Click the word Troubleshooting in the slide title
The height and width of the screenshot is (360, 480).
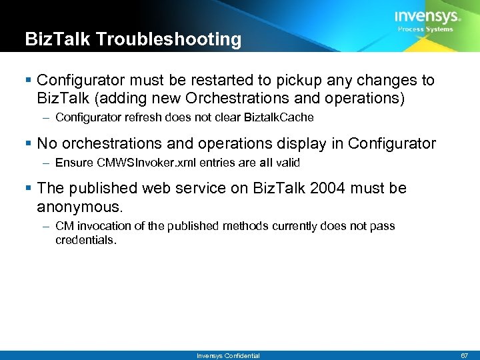(169, 39)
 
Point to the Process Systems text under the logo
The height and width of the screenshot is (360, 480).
(425, 29)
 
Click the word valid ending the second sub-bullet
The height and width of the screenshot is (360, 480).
(287, 163)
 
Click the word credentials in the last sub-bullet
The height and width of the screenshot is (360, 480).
(85, 239)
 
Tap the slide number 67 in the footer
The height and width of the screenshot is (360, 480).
(464, 355)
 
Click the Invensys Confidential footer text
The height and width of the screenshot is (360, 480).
(228, 355)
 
